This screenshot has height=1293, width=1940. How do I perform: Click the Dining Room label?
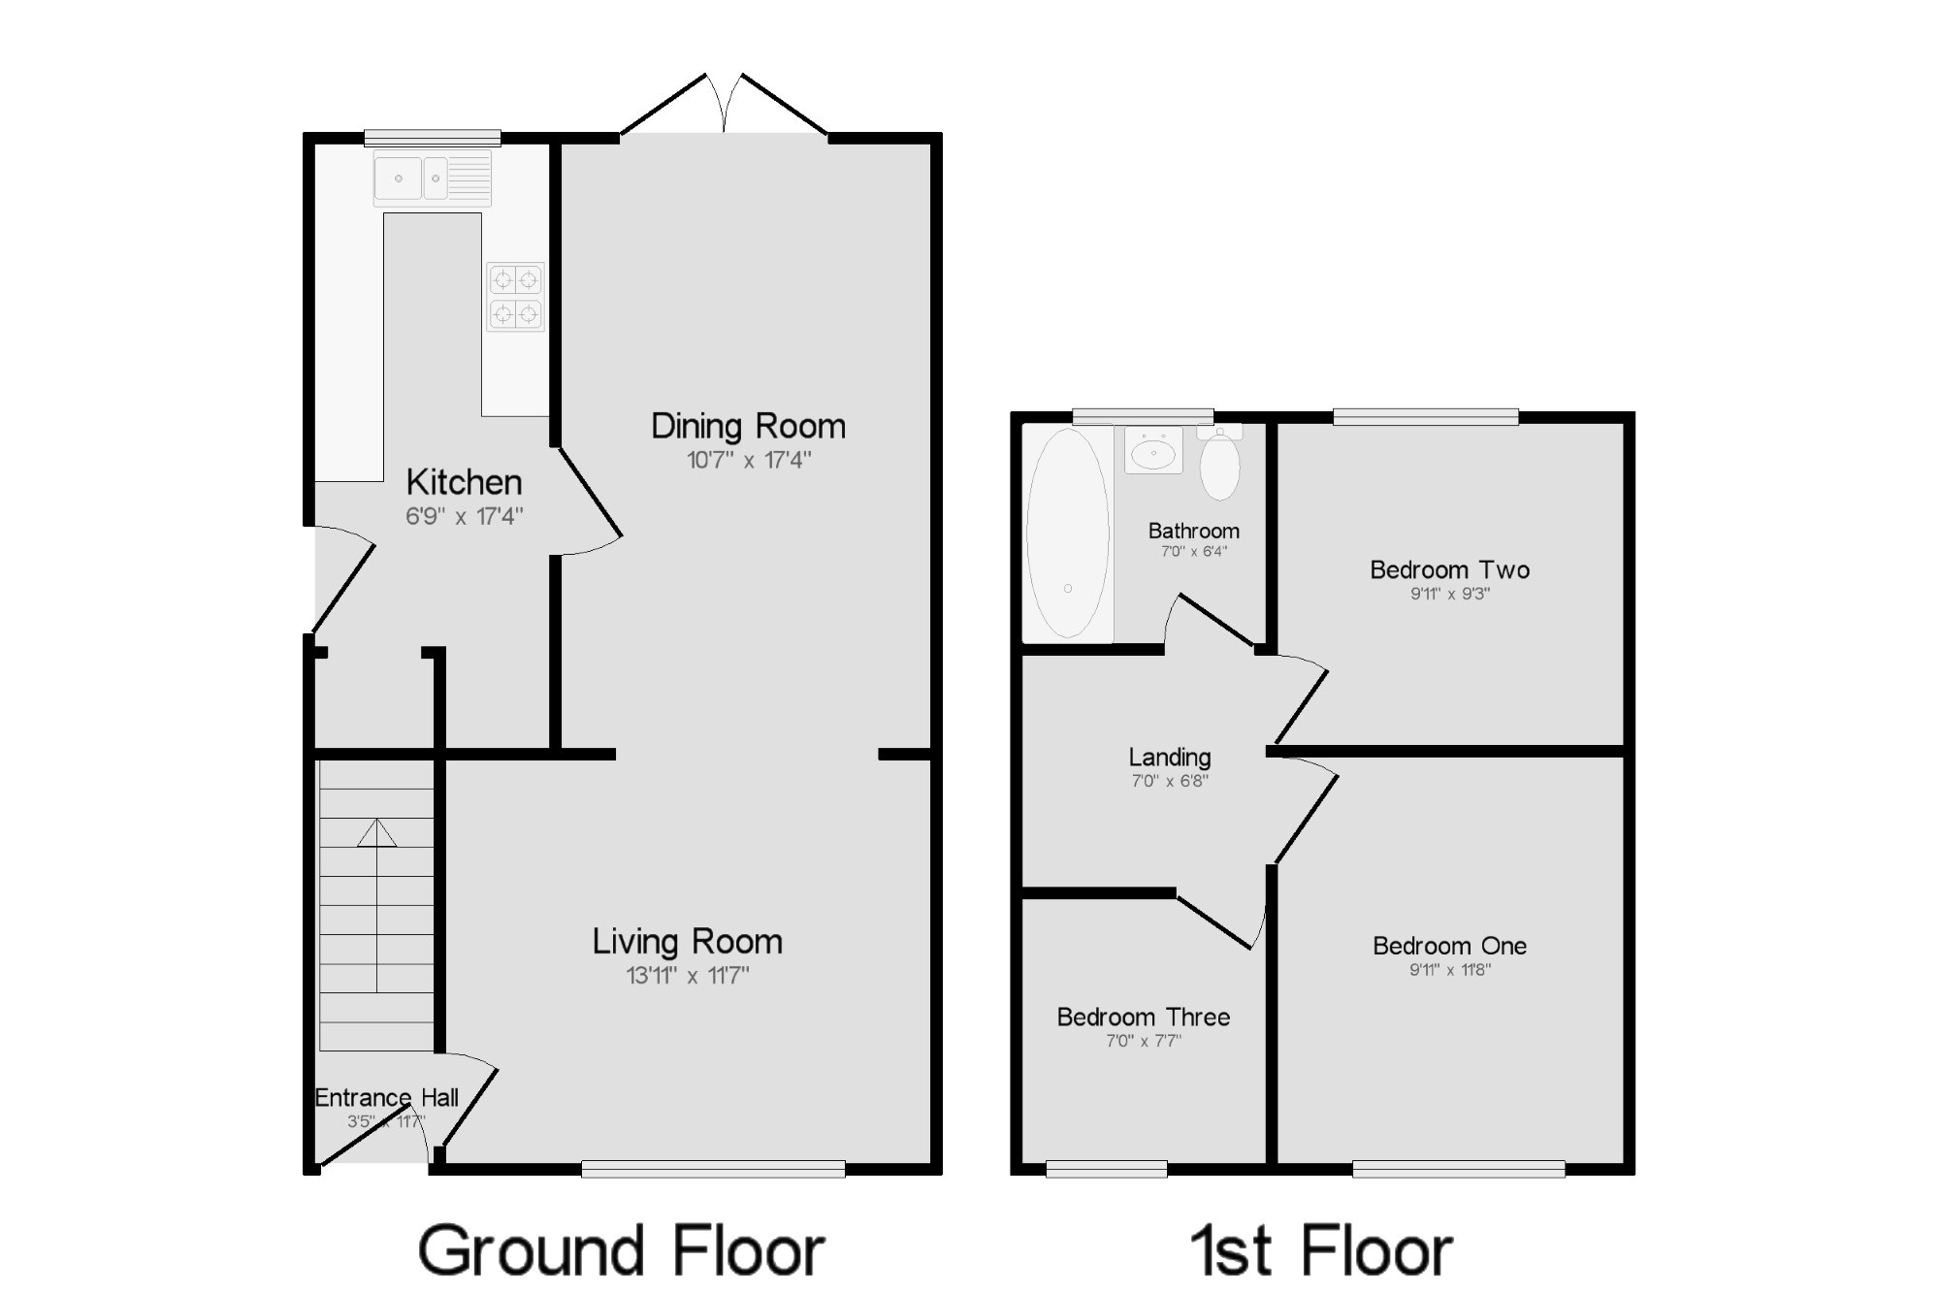click(x=748, y=426)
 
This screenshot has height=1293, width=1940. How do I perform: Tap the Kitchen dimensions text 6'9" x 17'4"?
click(x=464, y=516)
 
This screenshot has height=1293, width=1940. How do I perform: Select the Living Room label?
click(x=688, y=941)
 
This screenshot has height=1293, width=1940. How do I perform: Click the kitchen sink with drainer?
click(x=433, y=178)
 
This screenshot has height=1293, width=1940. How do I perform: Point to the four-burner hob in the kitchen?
click(x=515, y=297)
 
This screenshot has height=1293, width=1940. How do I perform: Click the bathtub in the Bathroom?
click(x=1068, y=533)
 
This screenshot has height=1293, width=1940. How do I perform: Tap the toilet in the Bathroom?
click(x=1219, y=463)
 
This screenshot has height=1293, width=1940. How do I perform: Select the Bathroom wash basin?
click(x=1153, y=450)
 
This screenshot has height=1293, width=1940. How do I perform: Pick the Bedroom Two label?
click(x=1450, y=569)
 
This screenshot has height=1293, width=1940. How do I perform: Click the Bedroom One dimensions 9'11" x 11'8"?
click(x=1450, y=969)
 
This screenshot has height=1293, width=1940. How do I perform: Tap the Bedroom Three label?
click(x=1144, y=1017)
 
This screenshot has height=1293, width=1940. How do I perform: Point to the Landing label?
click(x=1170, y=758)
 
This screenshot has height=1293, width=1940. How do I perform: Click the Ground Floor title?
click(x=622, y=1250)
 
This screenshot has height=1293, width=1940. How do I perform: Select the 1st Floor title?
click(x=1322, y=1250)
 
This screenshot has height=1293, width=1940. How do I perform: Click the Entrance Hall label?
click(x=386, y=1097)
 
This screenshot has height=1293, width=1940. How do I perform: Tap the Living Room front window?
click(x=713, y=1169)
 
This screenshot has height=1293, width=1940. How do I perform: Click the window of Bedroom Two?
click(x=1426, y=417)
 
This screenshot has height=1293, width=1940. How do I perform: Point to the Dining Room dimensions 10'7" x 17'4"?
click(x=748, y=460)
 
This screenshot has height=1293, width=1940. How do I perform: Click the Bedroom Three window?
click(x=1107, y=1169)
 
